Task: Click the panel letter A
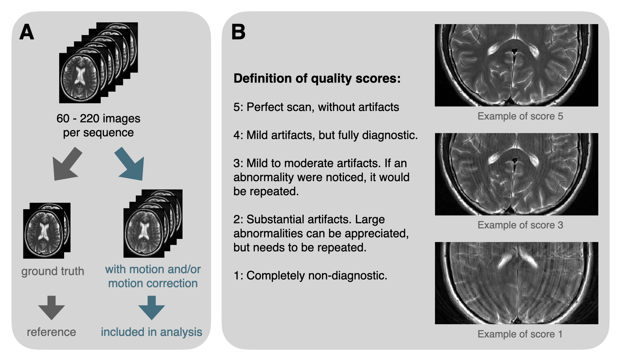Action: [27, 32]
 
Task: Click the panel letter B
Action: [238, 32]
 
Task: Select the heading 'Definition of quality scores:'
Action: [317, 78]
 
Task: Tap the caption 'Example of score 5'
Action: [520, 116]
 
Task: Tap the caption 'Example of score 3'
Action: [520, 225]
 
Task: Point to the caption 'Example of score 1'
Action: [520, 334]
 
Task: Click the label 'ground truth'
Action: [52, 271]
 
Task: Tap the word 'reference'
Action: [51, 332]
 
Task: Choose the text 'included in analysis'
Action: [151, 332]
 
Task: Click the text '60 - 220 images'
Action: [98, 118]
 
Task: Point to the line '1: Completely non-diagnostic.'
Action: [310, 276]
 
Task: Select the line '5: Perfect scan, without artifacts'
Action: [316, 107]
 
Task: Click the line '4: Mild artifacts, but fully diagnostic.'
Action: [325, 135]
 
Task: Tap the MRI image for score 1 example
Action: [516, 283]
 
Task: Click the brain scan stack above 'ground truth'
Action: [46, 231]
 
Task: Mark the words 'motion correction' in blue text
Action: [153, 283]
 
